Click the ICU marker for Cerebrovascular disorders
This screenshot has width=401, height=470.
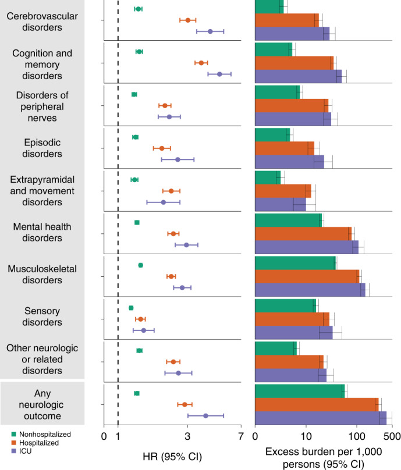tap(210, 31)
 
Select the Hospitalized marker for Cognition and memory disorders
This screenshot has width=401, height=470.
tap(201, 63)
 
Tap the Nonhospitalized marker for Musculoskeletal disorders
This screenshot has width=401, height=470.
tap(140, 265)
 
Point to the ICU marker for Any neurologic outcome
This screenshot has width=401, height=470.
tap(205, 415)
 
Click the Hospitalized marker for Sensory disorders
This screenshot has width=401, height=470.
tap(140, 319)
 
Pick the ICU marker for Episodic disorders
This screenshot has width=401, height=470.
tap(178, 159)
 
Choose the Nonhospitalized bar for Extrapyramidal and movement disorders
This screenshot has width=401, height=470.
tap(268, 177)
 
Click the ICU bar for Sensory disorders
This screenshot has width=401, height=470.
tap(293, 333)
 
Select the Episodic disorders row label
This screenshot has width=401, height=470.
tap(42, 148)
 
